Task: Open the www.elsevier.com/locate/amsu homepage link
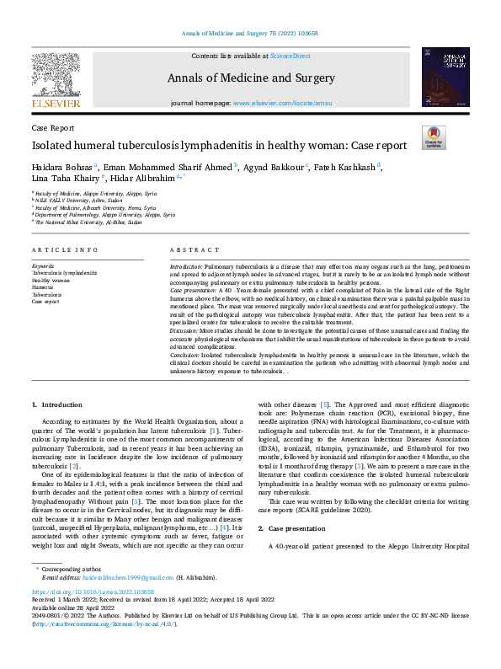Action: pos(281,103)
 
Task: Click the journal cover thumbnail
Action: pos(445,77)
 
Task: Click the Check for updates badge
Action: pos(434,137)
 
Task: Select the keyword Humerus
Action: pos(42,286)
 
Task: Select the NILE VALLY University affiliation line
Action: pos(76,201)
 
